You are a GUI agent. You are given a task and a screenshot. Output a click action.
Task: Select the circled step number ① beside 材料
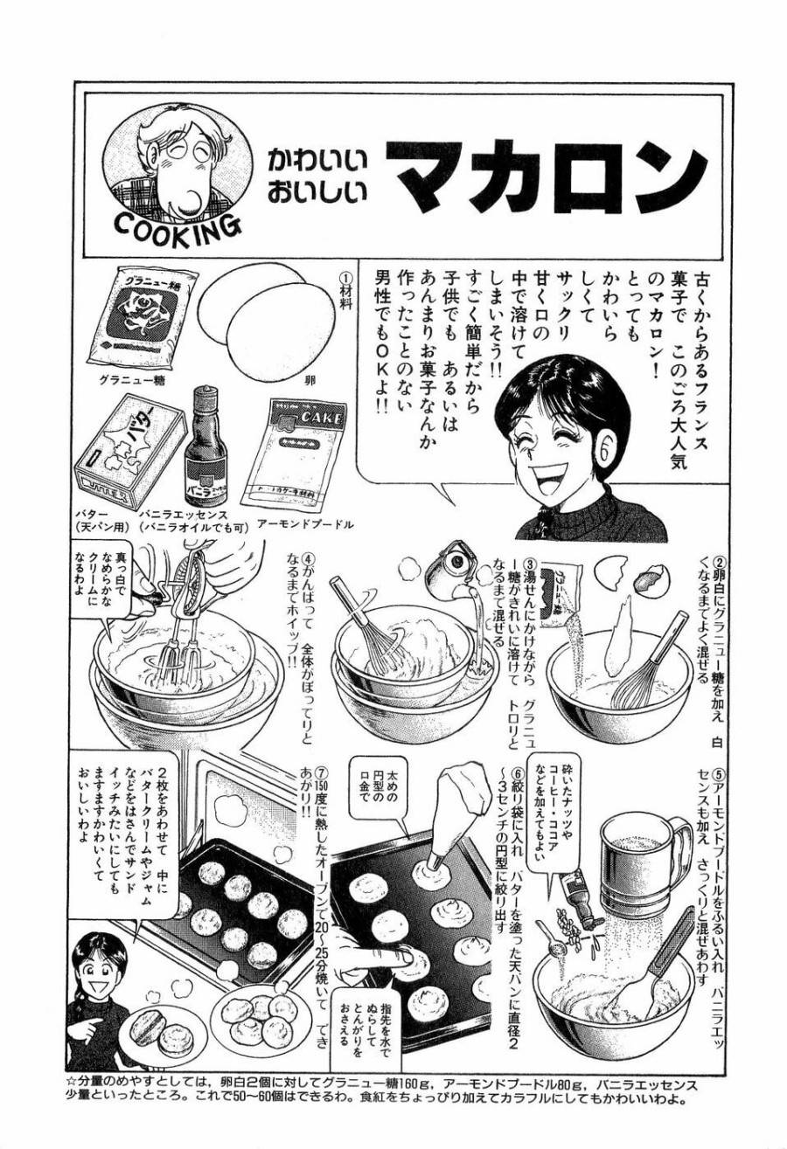click(x=344, y=277)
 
